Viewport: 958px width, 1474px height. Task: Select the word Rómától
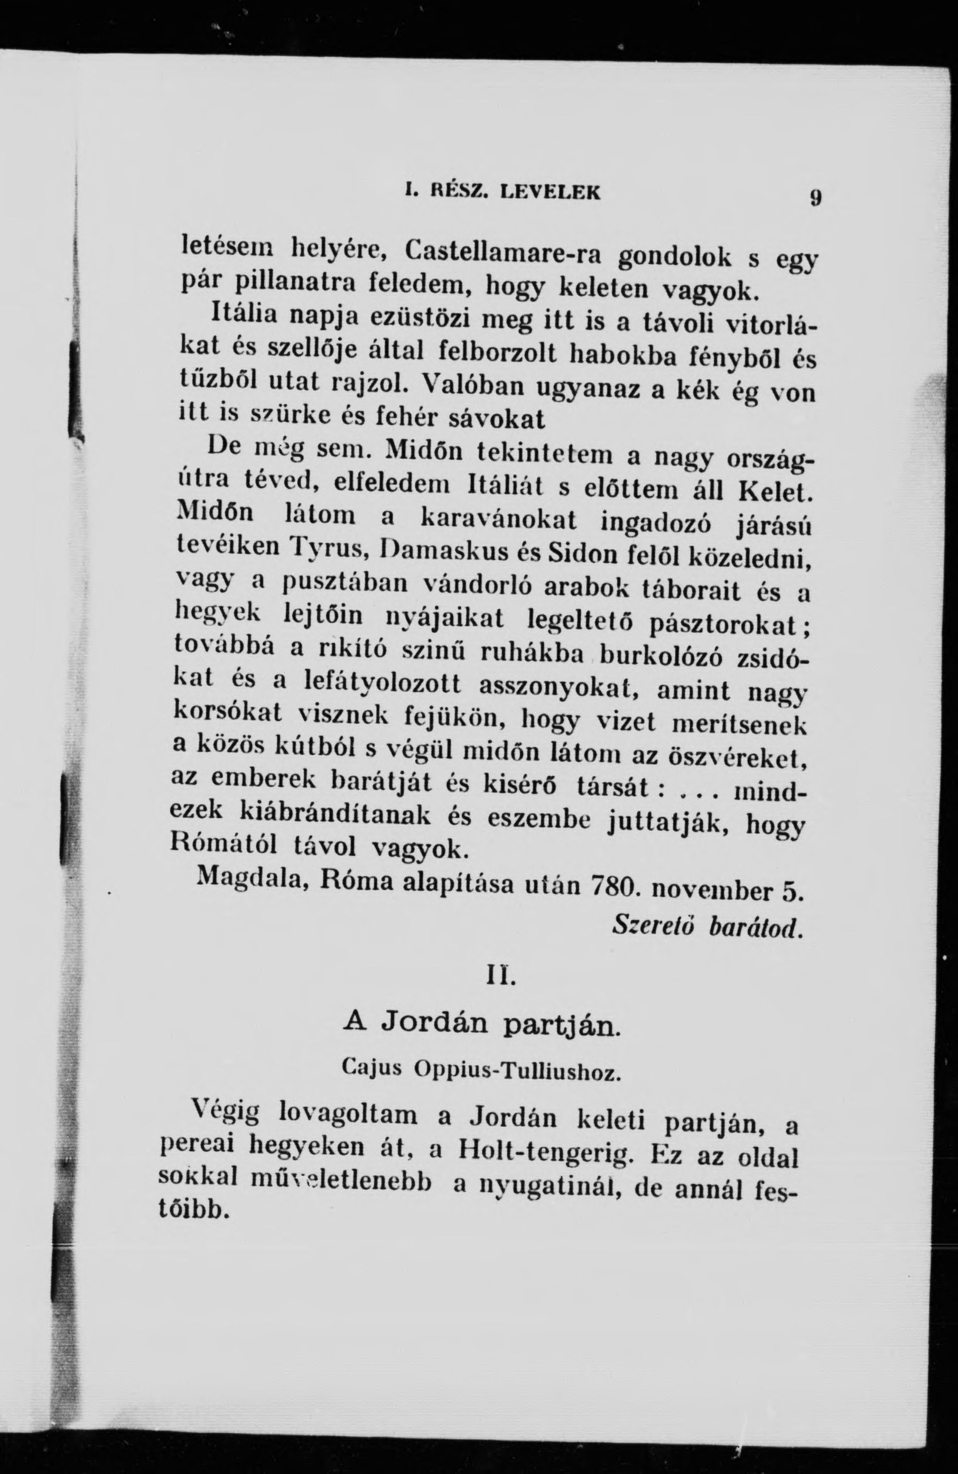pyautogui.click(x=217, y=845)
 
